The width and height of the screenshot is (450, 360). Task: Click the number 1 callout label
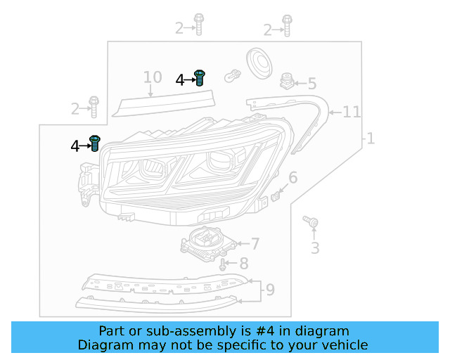click(370, 139)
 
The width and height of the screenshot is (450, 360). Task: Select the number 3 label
click(315, 247)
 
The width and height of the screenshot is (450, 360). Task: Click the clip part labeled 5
click(287, 81)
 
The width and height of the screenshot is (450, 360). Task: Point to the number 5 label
click(311, 84)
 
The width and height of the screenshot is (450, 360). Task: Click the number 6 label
click(292, 177)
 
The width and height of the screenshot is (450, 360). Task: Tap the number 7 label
click(255, 244)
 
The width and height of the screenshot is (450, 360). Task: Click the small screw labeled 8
click(222, 265)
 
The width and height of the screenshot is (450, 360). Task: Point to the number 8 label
click(243, 264)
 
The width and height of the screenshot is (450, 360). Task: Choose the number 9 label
click(270, 288)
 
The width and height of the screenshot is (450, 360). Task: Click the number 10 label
click(153, 77)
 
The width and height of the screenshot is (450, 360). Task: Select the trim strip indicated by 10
click(165, 105)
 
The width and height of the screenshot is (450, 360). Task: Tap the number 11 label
click(352, 112)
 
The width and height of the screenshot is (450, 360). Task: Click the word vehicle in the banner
click(343, 345)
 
